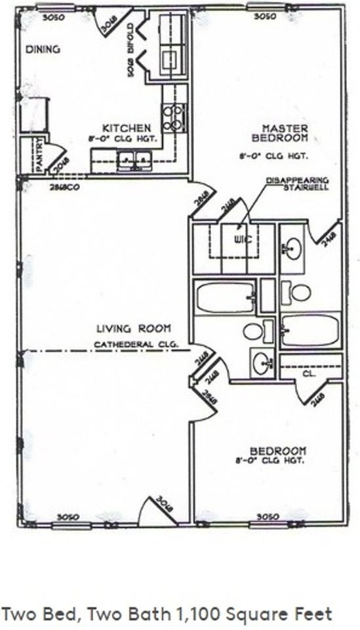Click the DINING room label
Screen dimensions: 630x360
point(42,49)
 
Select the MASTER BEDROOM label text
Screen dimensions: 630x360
point(280,133)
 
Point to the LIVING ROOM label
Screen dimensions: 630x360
point(134,328)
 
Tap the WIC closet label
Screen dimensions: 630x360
point(244,240)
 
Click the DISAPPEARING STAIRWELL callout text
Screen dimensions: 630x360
point(298,184)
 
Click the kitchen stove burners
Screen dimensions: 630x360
point(174,117)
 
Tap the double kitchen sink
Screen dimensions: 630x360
point(134,159)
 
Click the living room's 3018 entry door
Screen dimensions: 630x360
point(158,511)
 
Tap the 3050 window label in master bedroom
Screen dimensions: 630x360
point(264,16)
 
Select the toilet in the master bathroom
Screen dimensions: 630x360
point(298,292)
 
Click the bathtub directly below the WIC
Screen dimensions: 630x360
point(224,298)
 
